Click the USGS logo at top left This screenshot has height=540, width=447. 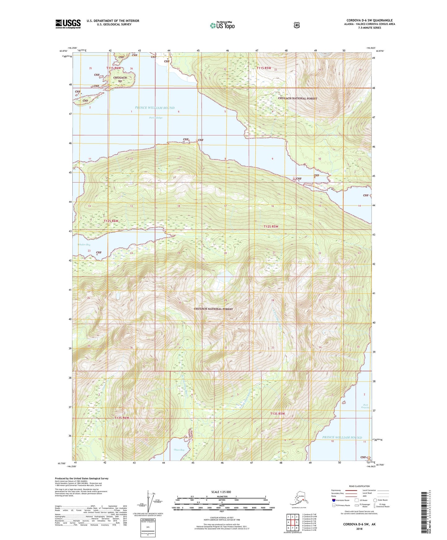(x=68, y=24)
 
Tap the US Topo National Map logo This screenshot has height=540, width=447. (x=222, y=25)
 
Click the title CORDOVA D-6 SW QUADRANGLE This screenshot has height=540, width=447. (x=367, y=20)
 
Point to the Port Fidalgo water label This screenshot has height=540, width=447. (x=156, y=118)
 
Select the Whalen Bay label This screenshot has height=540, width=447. (x=84, y=245)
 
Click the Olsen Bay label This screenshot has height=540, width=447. (x=179, y=450)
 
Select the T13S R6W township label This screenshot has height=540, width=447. (x=121, y=418)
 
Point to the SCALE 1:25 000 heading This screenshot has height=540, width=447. (x=221, y=492)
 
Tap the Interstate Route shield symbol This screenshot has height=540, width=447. (x=333, y=500)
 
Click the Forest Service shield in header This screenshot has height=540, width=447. (x=296, y=25)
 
